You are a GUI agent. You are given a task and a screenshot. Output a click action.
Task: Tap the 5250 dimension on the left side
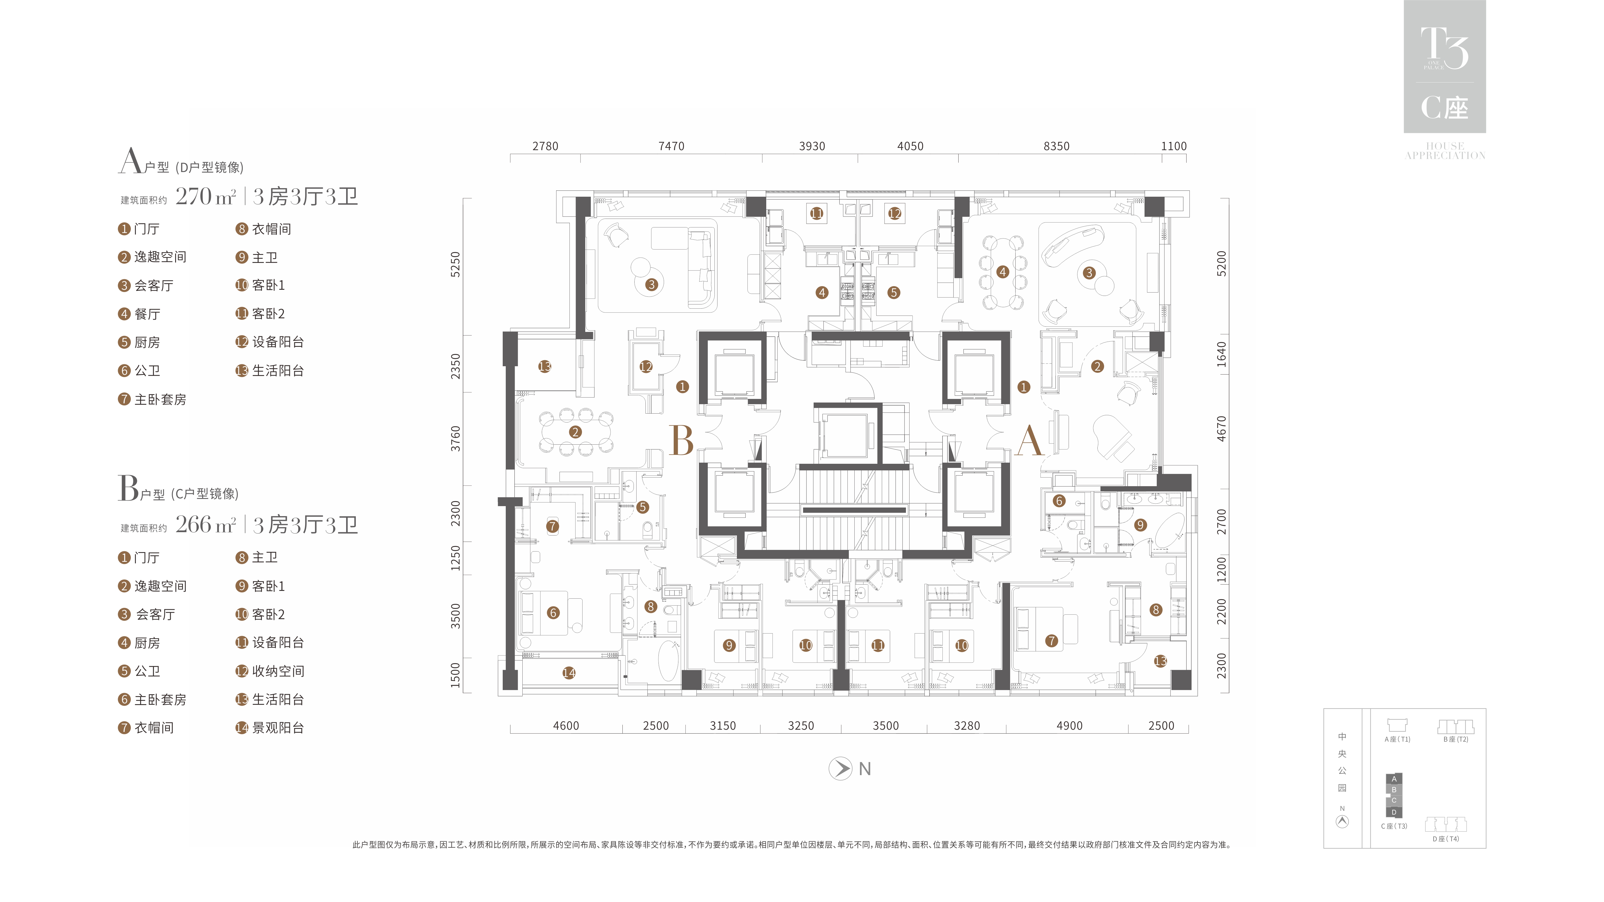tap(456, 265)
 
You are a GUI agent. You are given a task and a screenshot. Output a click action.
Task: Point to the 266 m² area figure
tap(205, 525)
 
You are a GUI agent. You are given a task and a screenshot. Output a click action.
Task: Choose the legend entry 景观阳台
tap(278, 728)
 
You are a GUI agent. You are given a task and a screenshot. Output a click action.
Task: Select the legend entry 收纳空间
tap(278, 671)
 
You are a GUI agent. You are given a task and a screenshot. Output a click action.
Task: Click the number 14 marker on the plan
tap(568, 673)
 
